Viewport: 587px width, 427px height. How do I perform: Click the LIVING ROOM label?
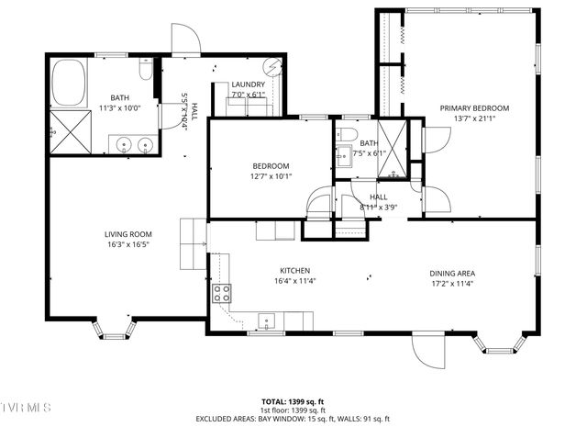coord(127,234)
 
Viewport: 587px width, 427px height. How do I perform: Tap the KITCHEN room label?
coord(294,271)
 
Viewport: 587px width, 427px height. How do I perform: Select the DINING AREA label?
coord(452,273)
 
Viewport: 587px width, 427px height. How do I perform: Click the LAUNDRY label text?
coord(248,84)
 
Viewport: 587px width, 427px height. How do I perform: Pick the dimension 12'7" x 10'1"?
coord(271,176)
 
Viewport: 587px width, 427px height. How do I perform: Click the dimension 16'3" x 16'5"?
coord(127,244)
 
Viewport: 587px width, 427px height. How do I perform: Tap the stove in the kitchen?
coord(222,294)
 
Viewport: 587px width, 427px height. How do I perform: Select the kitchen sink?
coord(268,320)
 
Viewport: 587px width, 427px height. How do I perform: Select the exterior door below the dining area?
coord(428,351)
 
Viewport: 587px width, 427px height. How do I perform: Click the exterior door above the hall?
coord(185,39)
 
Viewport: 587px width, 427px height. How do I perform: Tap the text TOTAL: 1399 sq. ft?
coord(293,401)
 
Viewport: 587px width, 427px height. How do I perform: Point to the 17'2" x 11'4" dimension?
coord(452,283)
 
